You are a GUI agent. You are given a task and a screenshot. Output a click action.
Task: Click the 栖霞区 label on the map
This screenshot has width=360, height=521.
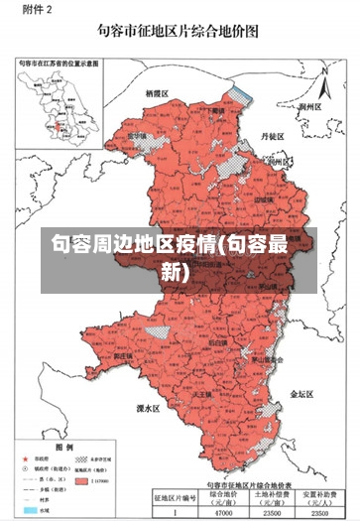click(158, 92)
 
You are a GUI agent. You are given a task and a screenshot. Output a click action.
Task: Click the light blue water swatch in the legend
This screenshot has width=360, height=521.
click(29, 511)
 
